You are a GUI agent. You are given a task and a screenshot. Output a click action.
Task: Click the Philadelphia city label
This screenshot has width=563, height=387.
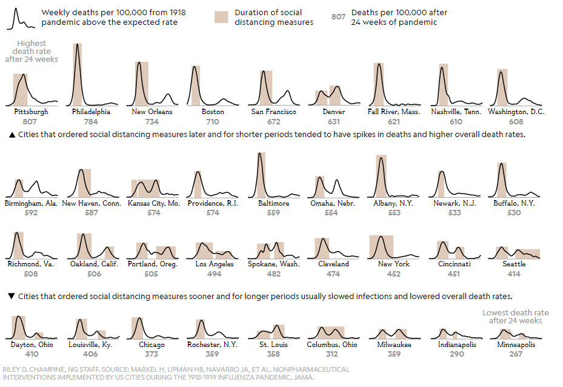[x=91, y=112]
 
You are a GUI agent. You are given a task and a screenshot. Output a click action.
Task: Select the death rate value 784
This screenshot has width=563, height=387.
[x=91, y=121]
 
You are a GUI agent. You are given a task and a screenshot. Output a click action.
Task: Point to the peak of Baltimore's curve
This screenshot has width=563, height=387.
[x=260, y=153]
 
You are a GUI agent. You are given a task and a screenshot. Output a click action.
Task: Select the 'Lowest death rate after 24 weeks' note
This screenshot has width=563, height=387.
[x=515, y=317]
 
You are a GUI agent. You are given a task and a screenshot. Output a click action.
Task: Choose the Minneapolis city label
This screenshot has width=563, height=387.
[x=515, y=345]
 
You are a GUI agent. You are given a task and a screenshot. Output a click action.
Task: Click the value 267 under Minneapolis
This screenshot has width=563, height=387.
[x=515, y=354]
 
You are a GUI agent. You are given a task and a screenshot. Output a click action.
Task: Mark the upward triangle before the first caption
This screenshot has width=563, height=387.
[x=12, y=135]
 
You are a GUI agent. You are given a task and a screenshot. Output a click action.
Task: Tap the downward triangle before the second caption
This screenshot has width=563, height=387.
[x=12, y=297]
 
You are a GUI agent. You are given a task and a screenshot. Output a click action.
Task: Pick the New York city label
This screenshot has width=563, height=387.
[x=393, y=264]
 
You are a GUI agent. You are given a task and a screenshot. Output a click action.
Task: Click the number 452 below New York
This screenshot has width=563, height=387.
[x=393, y=274]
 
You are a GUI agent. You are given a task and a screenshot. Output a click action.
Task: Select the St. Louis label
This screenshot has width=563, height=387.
[x=273, y=345]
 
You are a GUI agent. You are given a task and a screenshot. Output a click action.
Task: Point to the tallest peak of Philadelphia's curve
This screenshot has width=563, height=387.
[x=77, y=44]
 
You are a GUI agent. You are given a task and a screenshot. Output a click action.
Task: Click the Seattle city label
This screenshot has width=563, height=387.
[x=514, y=264]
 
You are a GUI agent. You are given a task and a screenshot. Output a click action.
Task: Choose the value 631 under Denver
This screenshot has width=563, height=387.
[x=333, y=121]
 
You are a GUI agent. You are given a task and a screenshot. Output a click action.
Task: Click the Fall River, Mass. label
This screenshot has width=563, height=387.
[x=393, y=112]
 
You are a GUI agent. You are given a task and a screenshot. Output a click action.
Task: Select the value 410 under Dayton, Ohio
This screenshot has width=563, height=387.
[x=32, y=354]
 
